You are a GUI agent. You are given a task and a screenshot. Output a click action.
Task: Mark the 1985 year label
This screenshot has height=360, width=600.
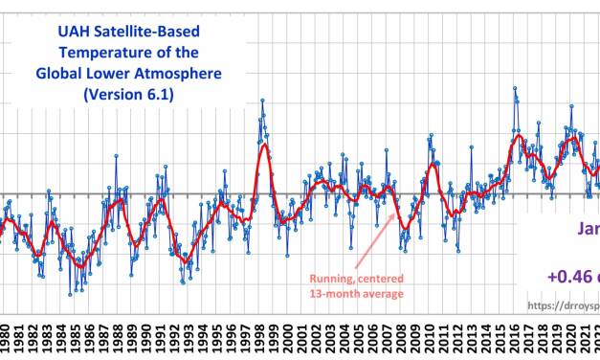point(78,337)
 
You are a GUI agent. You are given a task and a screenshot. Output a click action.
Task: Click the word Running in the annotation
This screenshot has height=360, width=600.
point(328,279)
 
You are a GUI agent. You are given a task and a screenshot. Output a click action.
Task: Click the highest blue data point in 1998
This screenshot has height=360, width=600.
point(262,100)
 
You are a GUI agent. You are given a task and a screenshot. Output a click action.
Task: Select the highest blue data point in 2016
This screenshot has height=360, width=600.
point(515,88)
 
